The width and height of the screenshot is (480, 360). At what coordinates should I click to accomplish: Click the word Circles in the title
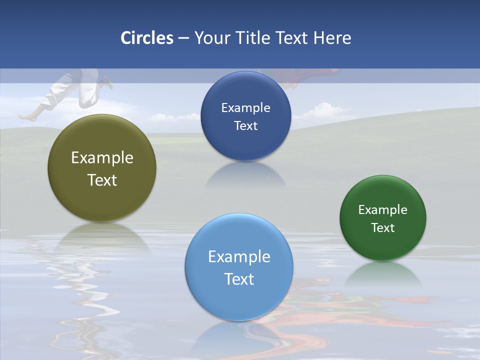tap(147, 38)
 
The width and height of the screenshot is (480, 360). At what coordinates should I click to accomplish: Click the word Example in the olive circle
tap(102, 158)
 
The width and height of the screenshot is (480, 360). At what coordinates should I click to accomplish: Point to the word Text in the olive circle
tap(102, 180)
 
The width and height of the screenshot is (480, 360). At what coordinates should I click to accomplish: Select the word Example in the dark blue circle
tap(245, 108)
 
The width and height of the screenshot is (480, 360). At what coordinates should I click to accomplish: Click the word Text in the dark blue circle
tap(245, 125)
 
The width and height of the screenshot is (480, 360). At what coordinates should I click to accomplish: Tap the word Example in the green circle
tap(383, 210)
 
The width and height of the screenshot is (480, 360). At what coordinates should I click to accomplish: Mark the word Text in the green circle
tap(383, 228)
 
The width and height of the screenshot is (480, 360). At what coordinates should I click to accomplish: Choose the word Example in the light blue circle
tap(239, 256)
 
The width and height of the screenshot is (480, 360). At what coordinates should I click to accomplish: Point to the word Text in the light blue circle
tap(239, 279)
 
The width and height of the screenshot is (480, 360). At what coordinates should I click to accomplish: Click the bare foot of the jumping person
tap(27, 117)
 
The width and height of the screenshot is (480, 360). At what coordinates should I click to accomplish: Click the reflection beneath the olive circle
tap(102, 237)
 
